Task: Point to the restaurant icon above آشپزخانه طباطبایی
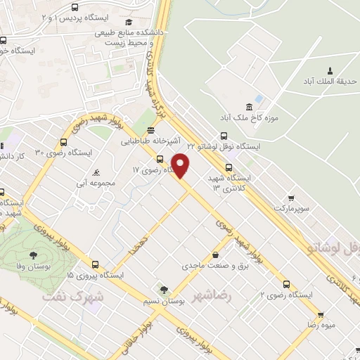coord(150,130)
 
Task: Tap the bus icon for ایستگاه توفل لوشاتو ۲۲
coord(224,136)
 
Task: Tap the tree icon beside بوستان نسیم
coord(164,290)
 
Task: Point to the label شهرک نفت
coord(72,297)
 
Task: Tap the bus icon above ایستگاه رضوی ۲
coord(285,284)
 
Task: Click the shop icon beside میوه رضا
coord(321,314)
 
